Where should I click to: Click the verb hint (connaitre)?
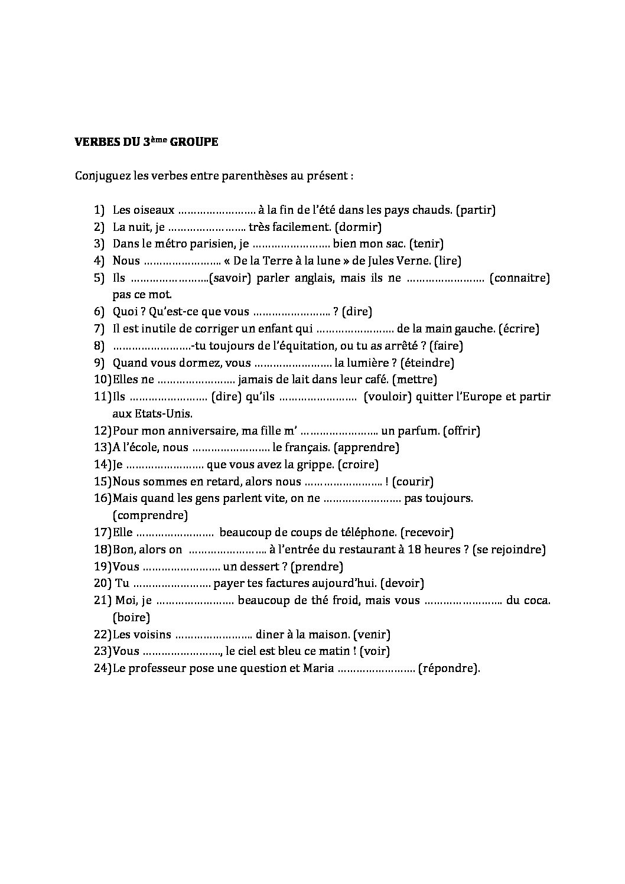click(x=520, y=278)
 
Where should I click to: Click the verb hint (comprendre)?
click(x=150, y=516)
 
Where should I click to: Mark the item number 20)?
click(x=102, y=583)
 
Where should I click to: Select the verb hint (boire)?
click(x=131, y=618)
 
